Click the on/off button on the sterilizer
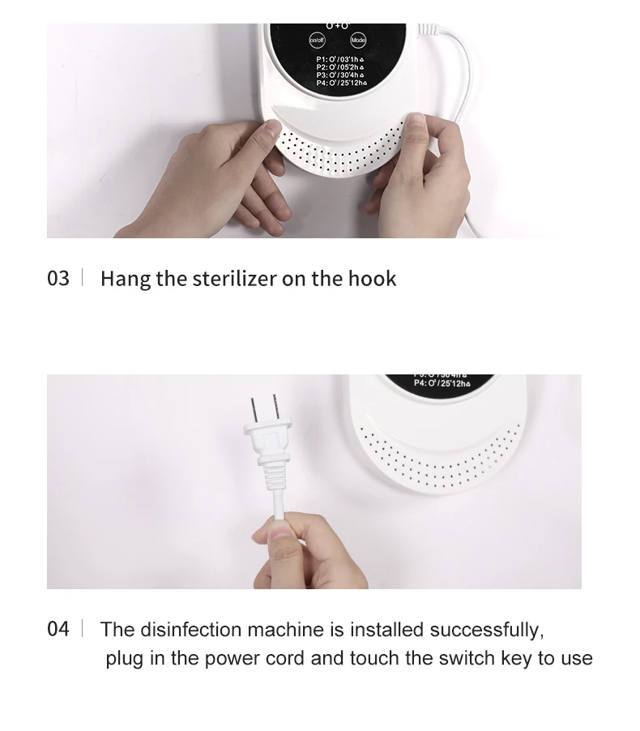317,40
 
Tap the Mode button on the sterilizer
357,40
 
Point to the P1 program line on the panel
340,59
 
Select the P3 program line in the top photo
340,75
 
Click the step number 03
58,279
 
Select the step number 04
58,629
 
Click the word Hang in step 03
125,280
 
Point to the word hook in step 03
372,279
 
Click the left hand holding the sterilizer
219,174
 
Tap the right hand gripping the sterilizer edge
421,174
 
